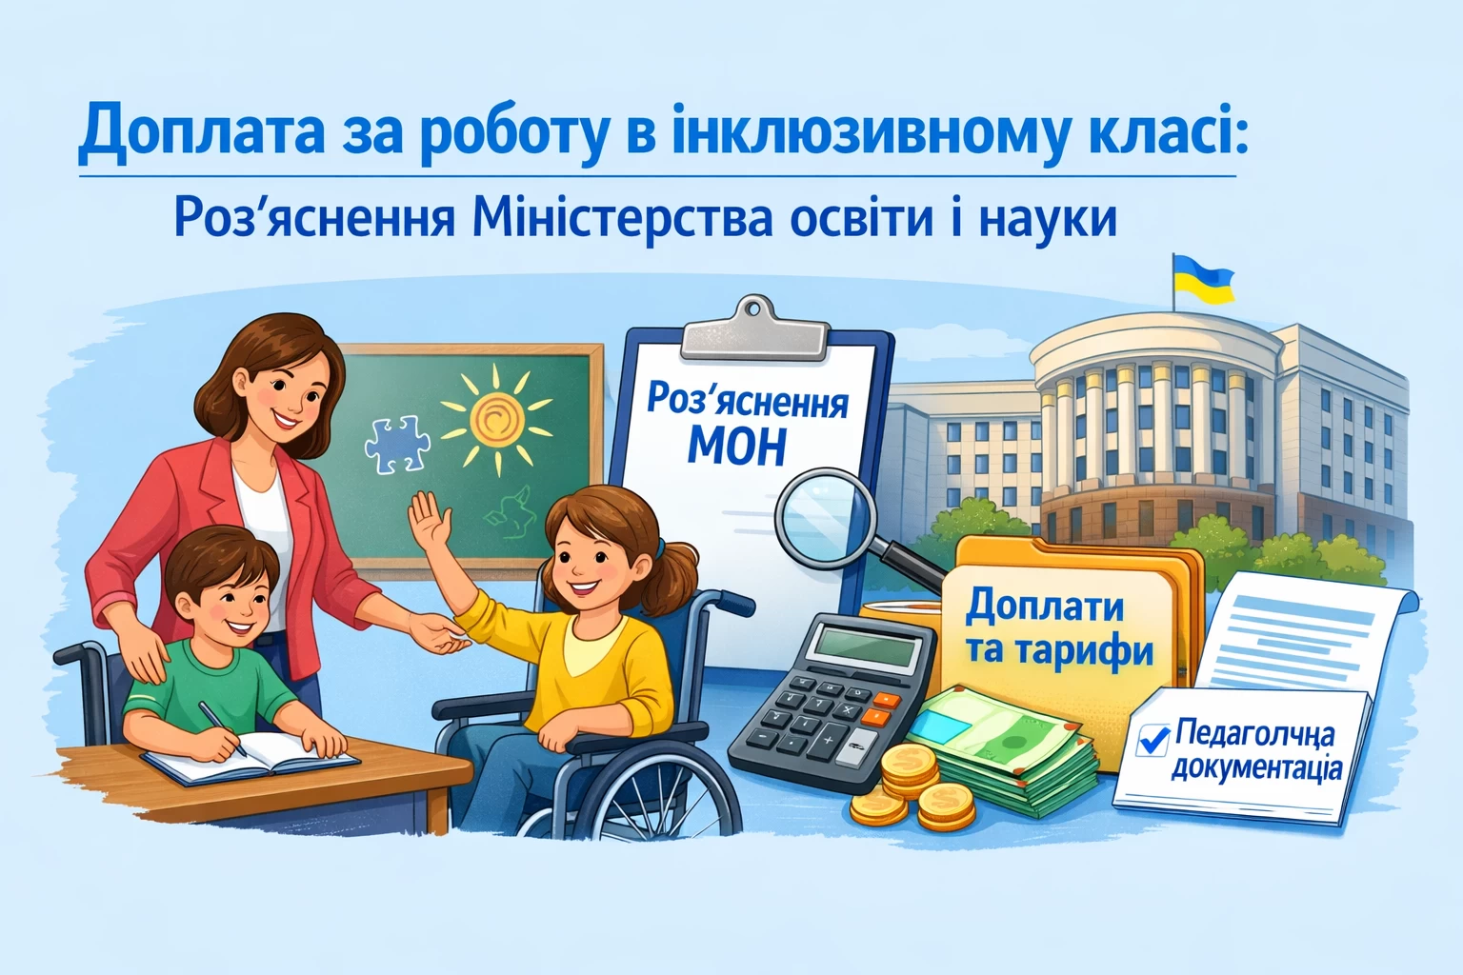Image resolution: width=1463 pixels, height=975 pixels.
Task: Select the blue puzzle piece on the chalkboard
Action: (x=397, y=443)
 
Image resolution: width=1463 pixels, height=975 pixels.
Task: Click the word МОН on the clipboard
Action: (x=736, y=447)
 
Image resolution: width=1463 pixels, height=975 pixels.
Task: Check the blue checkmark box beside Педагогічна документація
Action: (x=1153, y=739)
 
